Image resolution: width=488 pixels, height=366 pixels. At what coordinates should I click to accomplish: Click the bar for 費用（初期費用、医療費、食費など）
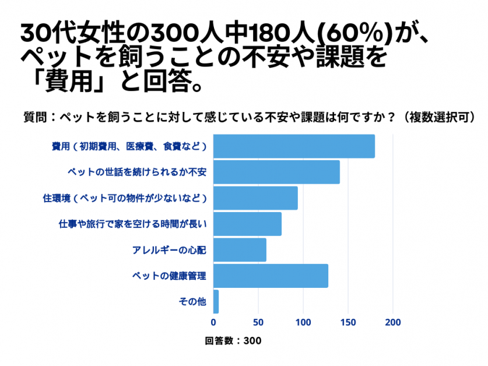pyautogui.click(x=294, y=146)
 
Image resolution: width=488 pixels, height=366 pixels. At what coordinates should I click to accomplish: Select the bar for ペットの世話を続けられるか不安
pyautogui.click(x=276, y=172)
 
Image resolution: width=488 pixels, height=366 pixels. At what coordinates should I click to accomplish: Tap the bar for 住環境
pyautogui.click(x=255, y=198)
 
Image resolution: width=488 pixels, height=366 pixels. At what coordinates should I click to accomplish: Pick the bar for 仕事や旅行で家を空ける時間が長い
pyautogui.click(x=247, y=224)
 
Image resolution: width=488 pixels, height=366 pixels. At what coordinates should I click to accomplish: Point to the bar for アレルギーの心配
pyautogui.click(x=240, y=250)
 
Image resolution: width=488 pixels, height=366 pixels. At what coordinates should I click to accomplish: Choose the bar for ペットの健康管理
pyautogui.click(x=271, y=276)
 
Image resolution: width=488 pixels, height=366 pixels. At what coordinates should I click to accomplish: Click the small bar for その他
pyautogui.click(x=216, y=302)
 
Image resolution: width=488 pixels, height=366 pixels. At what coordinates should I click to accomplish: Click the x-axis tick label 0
pyautogui.click(x=214, y=322)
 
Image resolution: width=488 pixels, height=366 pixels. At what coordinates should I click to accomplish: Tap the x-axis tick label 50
pyautogui.click(x=258, y=322)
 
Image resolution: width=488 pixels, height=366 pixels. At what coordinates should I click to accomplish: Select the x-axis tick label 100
pyautogui.click(x=303, y=322)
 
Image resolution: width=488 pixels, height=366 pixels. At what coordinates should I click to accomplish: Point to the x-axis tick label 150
pyautogui.click(x=348, y=322)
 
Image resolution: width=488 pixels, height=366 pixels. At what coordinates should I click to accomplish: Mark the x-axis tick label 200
pyautogui.click(x=393, y=322)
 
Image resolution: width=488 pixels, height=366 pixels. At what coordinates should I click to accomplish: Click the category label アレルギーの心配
pyautogui.click(x=169, y=250)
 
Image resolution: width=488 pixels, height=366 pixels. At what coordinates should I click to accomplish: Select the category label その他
pyautogui.click(x=192, y=302)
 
